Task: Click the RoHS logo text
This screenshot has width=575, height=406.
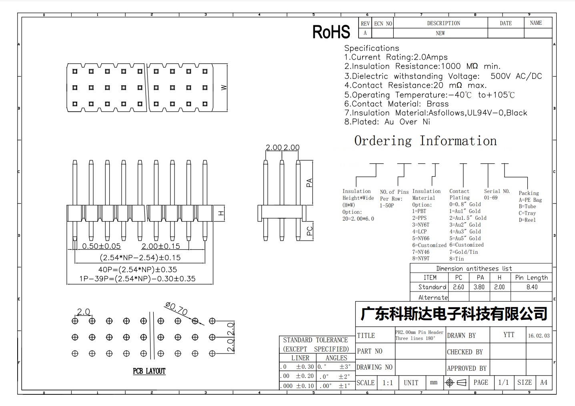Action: pyautogui.click(x=331, y=32)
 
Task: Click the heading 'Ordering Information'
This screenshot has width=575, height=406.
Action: pyautogui.click(x=425, y=141)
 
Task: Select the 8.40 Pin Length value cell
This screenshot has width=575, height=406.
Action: pyautogui.click(x=532, y=287)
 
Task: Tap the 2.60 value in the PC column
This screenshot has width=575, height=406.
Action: pyautogui.click(x=459, y=287)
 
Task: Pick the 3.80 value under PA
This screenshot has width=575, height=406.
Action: pyautogui.click(x=479, y=287)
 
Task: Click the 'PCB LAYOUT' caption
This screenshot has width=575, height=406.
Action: pyautogui.click(x=149, y=371)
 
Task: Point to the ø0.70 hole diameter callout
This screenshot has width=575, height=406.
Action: pyautogui.click(x=176, y=308)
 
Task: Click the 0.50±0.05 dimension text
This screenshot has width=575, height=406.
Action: pyautogui.click(x=101, y=246)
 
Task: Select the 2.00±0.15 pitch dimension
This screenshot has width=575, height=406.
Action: pyautogui.click(x=161, y=246)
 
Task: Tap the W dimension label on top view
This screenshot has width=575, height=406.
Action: pyautogui.click(x=224, y=88)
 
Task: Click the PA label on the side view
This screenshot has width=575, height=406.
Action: pyautogui.click(x=309, y=183)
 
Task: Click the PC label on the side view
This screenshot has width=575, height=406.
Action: pyautogui.click(x=310, y=231)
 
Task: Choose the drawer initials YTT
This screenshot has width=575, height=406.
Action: pyautogui.click(x=509, y=335)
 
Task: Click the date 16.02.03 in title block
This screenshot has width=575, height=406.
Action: pyautogui.click(x=539, y=336)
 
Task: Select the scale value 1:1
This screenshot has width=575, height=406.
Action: pyautogui.click(x=388, y=383)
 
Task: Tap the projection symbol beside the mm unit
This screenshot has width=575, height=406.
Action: pyautogui.click(x=456, y=383)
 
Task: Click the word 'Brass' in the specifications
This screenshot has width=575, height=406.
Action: pyautogui.click(x=438, y=104)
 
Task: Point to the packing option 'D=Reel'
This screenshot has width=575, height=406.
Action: pyautogui.click(x=527, y=220)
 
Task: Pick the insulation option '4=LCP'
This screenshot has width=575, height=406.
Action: pyautogui.click(x=419, y=231)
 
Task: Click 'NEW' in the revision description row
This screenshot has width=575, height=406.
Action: pyautogui.click(x=440, y=33)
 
